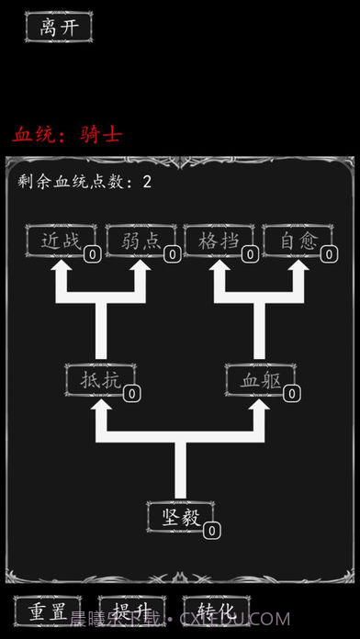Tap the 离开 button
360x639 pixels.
pyautogui.click(x=59, y=28)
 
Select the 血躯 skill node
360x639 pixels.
pyautogui.click(x=260, y=379)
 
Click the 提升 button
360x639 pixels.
pyautogui.click(x=130, y=611)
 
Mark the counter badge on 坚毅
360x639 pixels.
pyautogui.click(x=211, y=531)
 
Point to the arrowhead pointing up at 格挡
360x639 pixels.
pyautogui.click(x=220, y=267)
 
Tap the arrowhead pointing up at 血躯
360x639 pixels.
pyautogui.click(x=260, y=406)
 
